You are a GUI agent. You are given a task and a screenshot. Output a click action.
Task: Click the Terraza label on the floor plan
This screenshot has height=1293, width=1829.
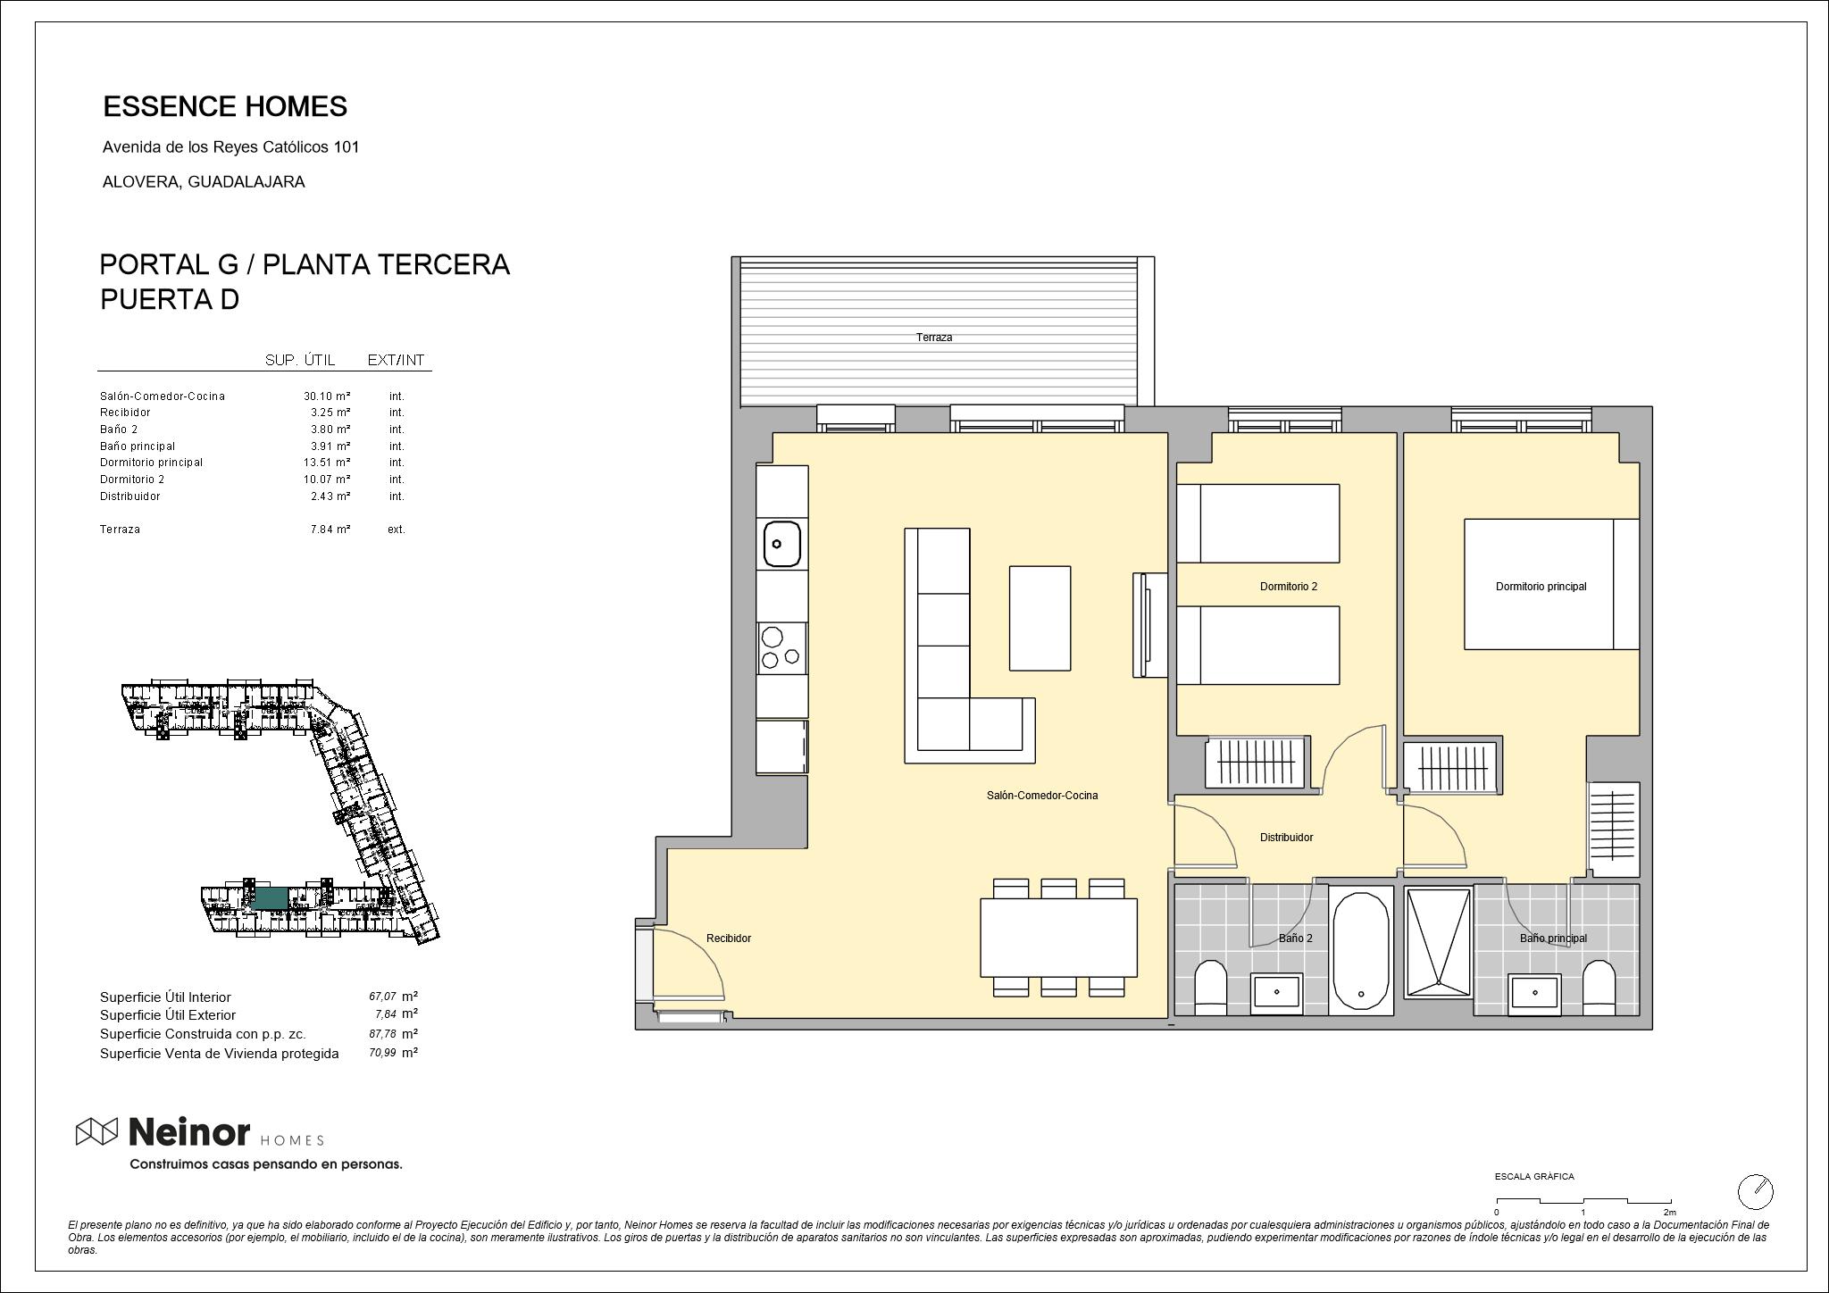[x=933, y=338]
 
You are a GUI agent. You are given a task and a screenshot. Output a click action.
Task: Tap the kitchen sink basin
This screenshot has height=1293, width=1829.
[x=781, y=544]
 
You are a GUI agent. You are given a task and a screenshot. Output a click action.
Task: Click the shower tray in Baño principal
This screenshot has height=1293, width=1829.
[x=1438, y=943]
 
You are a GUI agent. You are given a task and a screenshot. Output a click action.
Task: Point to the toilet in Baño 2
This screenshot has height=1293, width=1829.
[x=1211, y=987]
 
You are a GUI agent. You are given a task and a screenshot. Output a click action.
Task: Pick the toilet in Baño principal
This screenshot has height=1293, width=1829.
[x=1599, y=987]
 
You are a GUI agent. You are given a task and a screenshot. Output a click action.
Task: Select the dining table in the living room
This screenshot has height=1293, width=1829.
[x=1058, y=938]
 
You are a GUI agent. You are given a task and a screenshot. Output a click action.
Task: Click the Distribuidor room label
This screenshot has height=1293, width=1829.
[x=1286, y=838]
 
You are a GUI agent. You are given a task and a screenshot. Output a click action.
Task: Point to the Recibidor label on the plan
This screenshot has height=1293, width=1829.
[x=729, y=938]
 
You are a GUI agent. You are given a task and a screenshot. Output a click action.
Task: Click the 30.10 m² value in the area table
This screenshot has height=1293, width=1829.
[x=327, y=396]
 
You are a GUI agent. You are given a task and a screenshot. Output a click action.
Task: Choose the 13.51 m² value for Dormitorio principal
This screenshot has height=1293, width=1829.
[x=327, y=463]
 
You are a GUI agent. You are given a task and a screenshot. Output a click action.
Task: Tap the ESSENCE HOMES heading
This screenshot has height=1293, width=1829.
[x=225, y=106]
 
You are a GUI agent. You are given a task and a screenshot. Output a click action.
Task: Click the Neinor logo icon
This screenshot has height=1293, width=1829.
[x=96, y=1131]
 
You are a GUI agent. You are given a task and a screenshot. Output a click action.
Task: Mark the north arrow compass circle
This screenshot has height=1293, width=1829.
[x=1755, y=1191]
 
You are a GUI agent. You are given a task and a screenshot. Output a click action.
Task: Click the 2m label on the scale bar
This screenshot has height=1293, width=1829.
[x=1669, y=1213]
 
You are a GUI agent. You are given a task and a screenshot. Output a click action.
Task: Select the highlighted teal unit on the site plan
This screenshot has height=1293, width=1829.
[x=271, y=897]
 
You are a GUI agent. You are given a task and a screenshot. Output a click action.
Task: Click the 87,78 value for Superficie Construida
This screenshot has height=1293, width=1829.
[x=382, y=1033]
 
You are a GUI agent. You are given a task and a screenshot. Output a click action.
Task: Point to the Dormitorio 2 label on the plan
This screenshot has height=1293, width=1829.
[x=1288, y=587]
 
